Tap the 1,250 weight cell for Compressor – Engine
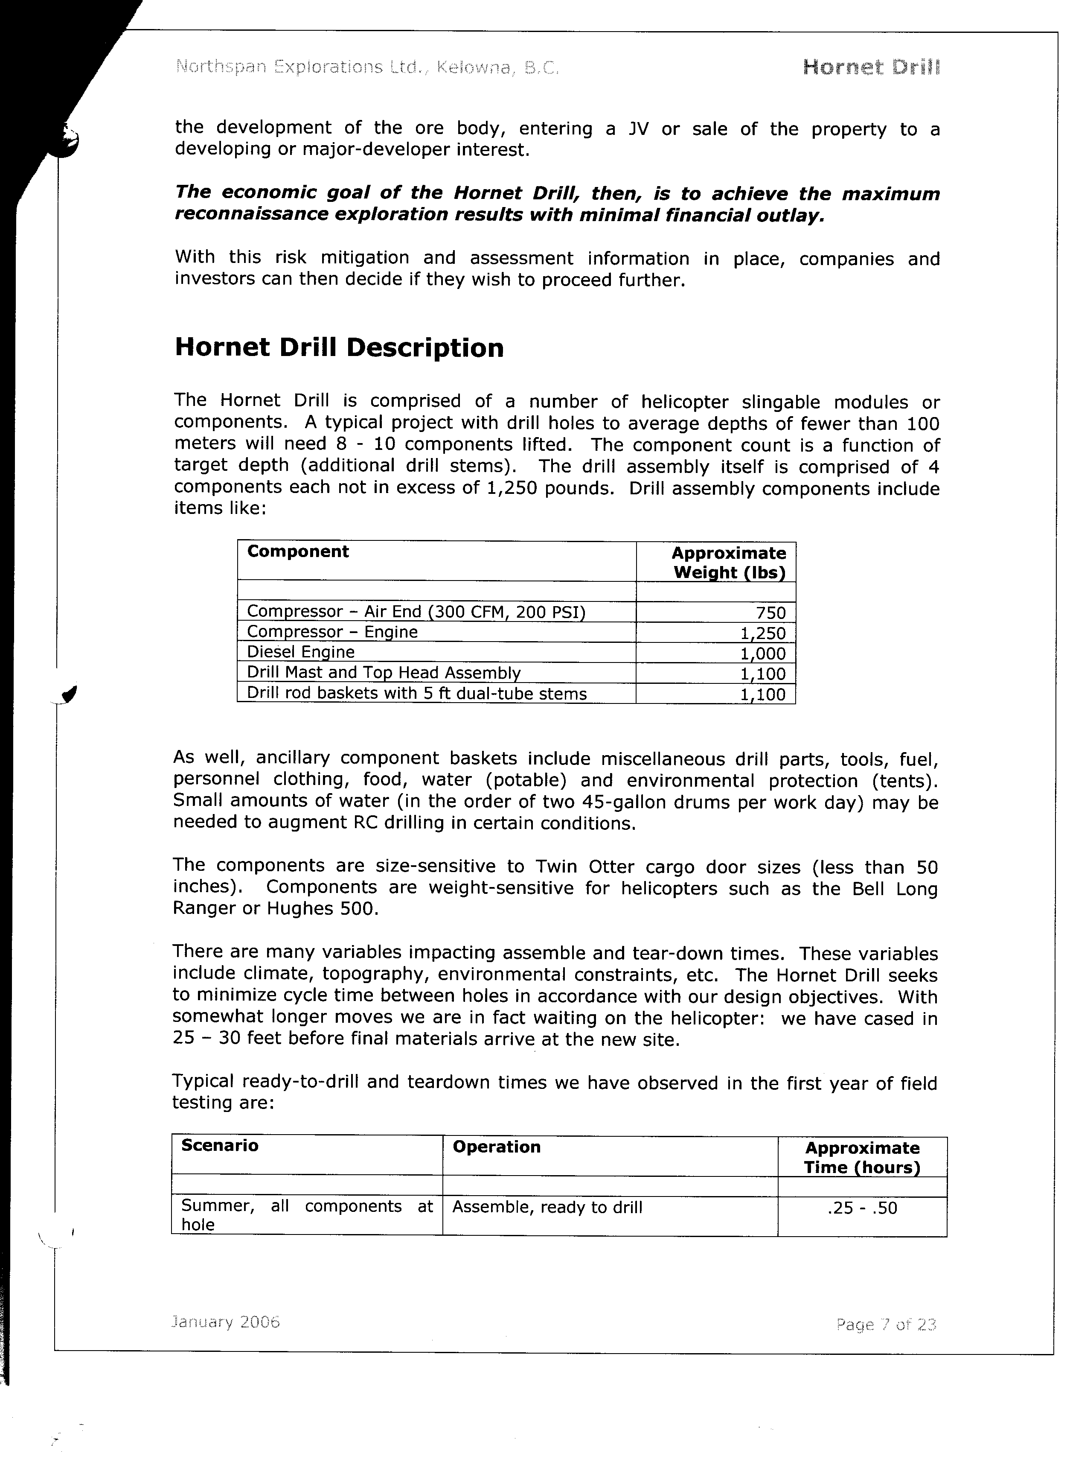click(x=763, y=633)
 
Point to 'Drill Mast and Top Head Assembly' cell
click(x=384, y=673)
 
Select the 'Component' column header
click(x=298, y=552)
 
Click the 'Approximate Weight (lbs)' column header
click(x=729, y=563)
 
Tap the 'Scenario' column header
click(x=220, y=1145)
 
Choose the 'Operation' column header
click(x=496, y=1147)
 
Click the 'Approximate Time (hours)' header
click(x=862, y=1158)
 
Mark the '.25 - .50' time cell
click(x=862, y=1208)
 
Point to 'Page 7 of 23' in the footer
click(x=886, y=1325)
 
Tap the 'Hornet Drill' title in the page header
click(x=871, y=67)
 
